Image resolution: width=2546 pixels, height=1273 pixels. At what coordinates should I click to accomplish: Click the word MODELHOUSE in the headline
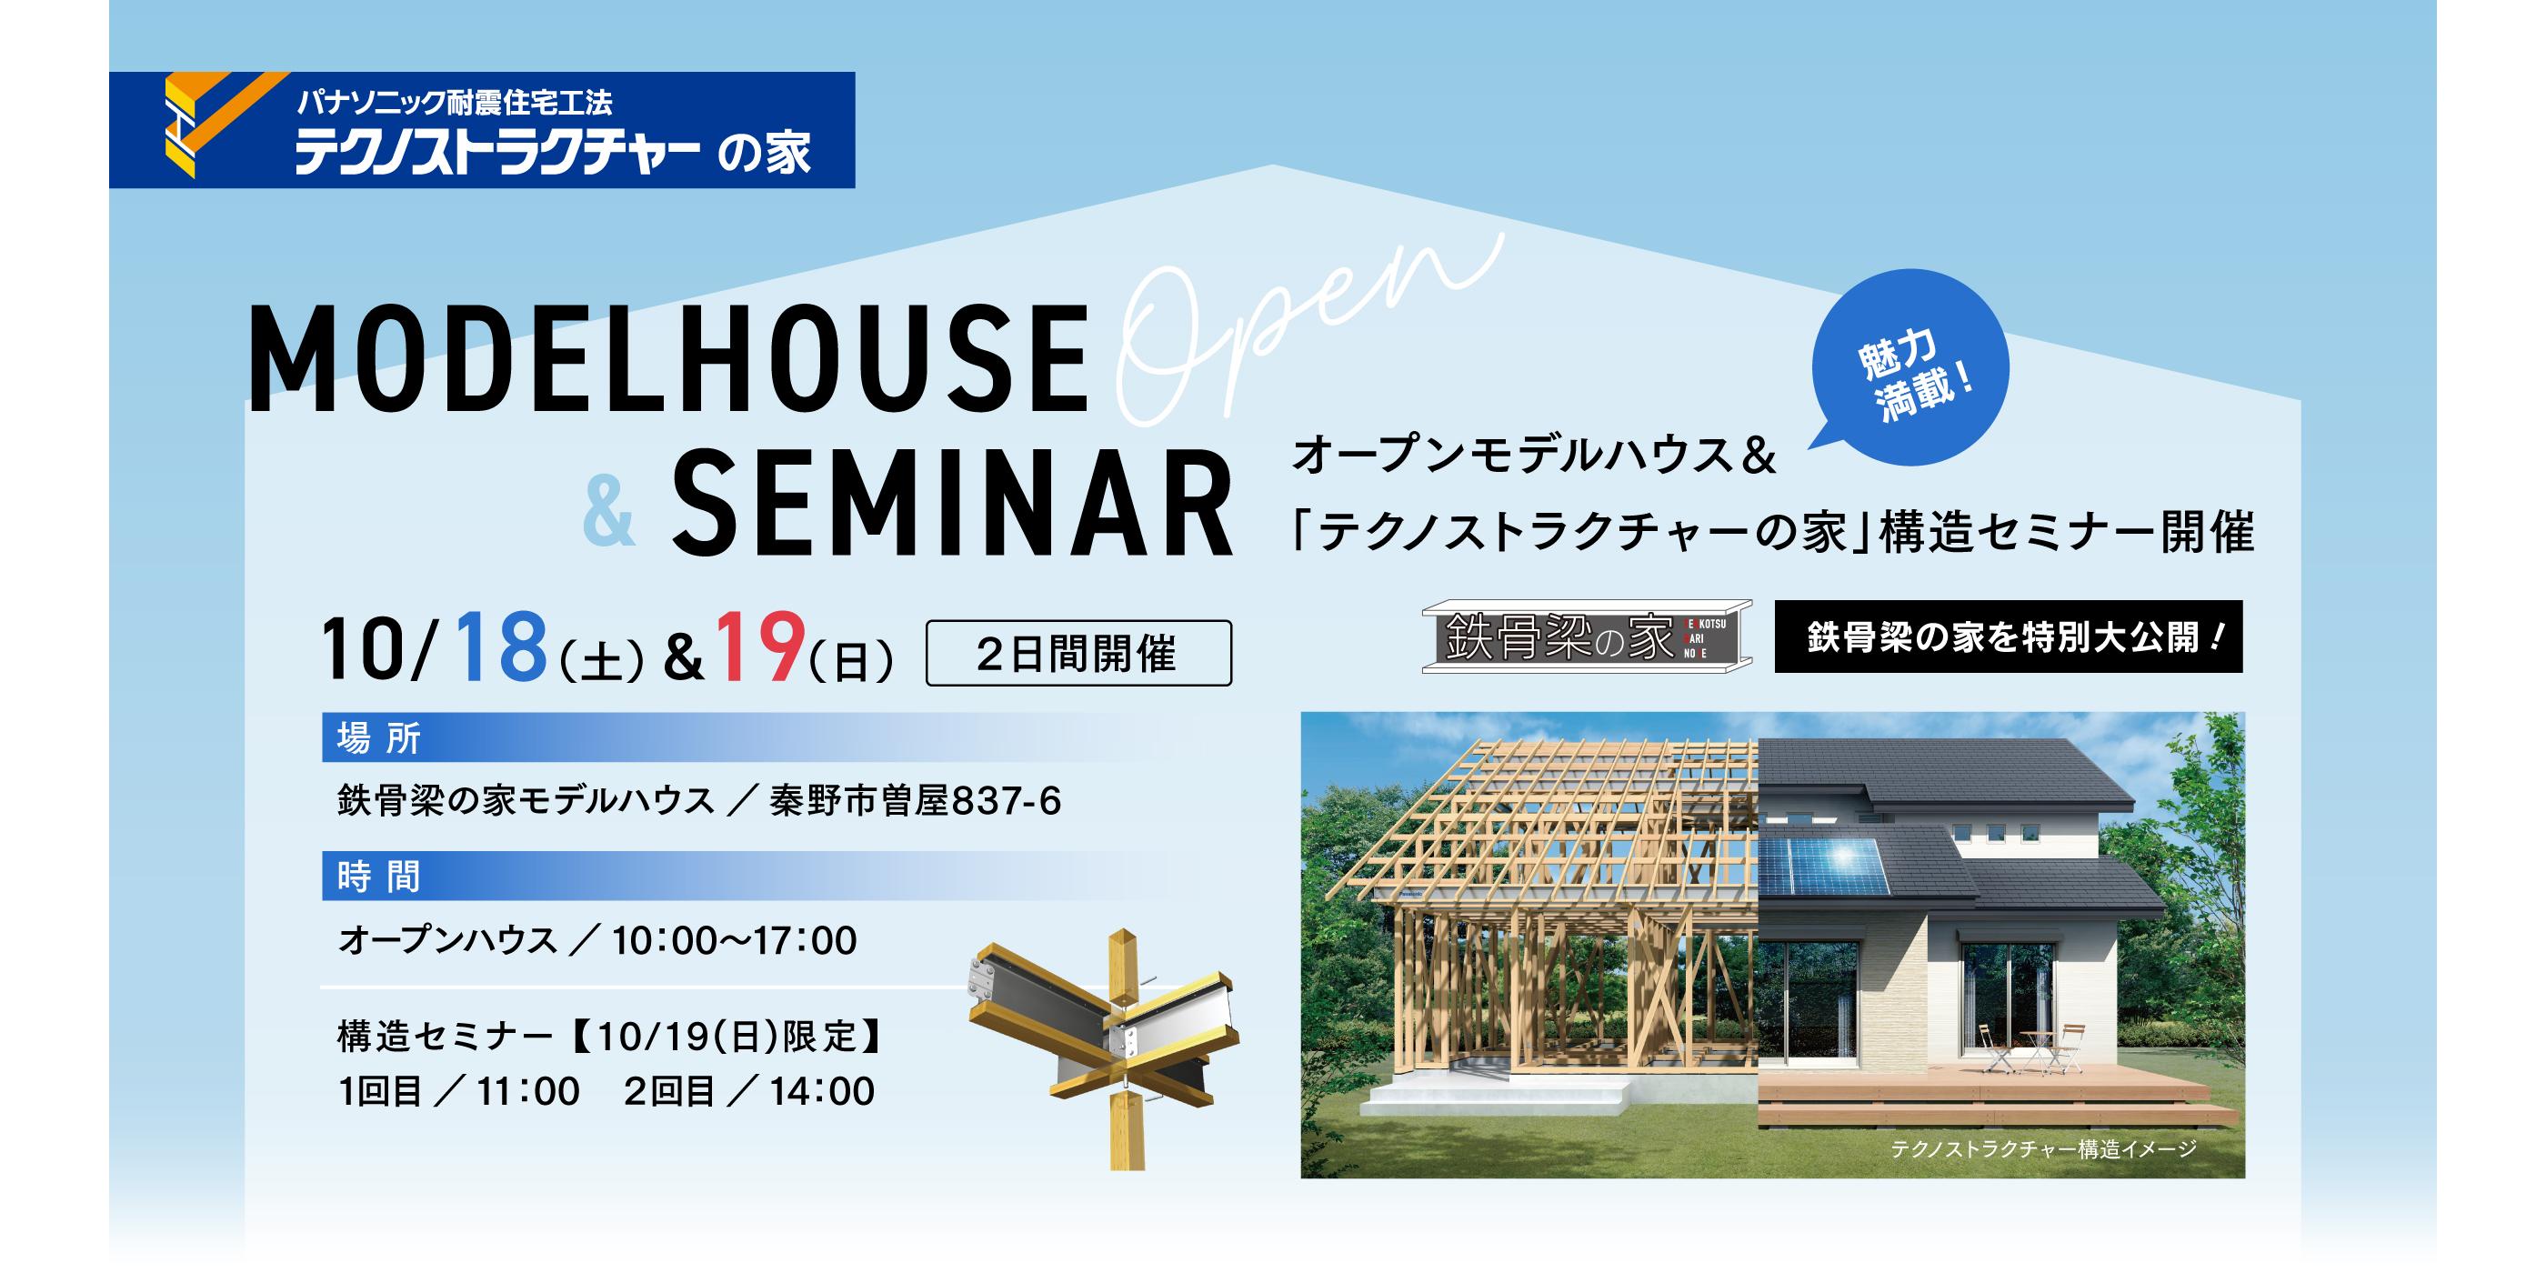coord(668,359)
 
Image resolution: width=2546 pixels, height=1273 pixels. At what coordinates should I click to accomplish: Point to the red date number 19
coord(759,648)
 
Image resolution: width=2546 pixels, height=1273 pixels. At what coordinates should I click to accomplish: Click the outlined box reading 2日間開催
coord(1078,652)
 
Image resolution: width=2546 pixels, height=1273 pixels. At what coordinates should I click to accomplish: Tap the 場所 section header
coord(379,738)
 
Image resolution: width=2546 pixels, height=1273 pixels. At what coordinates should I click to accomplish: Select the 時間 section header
coord(379,877)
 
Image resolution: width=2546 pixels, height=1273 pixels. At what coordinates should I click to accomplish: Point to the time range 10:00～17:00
coord(735,941)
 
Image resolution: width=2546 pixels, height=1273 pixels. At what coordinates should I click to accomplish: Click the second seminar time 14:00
coord(823,1091)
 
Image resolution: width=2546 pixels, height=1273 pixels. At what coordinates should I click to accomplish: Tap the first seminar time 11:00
coord(529,1091)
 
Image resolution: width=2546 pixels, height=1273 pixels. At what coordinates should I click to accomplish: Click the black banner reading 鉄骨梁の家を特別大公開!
coord(2009,636)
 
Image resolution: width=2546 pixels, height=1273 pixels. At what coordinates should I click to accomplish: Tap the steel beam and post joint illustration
coord(1102,1047)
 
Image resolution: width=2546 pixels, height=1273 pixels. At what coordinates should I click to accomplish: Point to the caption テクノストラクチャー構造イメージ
coord(2043,1148)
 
